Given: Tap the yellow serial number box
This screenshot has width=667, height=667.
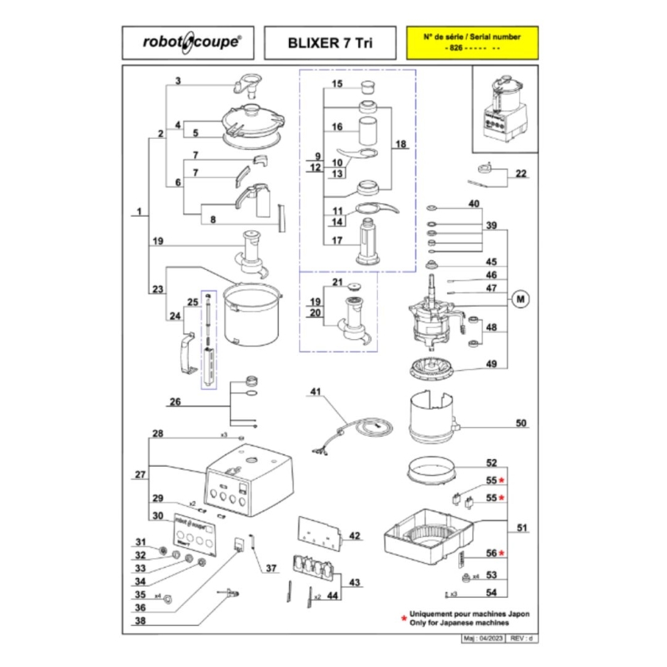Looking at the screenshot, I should click(x=472, y=43).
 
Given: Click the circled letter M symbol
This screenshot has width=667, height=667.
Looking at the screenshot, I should click(x=521, y=299).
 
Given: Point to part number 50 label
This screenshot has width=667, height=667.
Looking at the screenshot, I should click(x=521, y=423).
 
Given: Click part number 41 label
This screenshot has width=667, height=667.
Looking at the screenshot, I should click(x=317, y=392).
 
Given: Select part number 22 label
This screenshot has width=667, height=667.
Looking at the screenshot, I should click(x=521, y=174).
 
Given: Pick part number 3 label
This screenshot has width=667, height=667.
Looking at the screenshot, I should click(x=179, y=81).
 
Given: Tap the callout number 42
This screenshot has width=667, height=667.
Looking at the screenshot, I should click(x=354, y=536).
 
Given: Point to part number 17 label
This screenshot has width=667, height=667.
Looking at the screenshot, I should click(x=337, y=241).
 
